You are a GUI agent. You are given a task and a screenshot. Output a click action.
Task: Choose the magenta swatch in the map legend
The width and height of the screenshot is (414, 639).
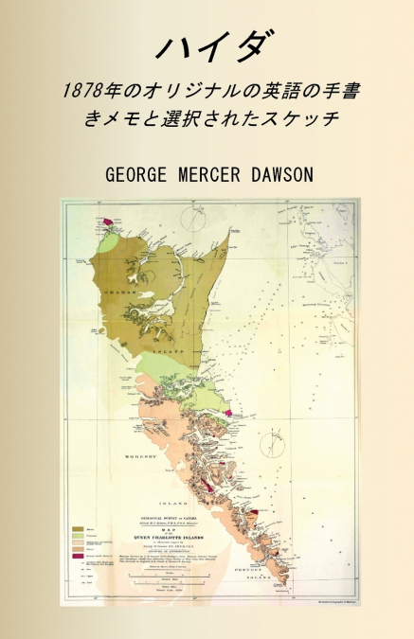[x=80, y=560]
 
